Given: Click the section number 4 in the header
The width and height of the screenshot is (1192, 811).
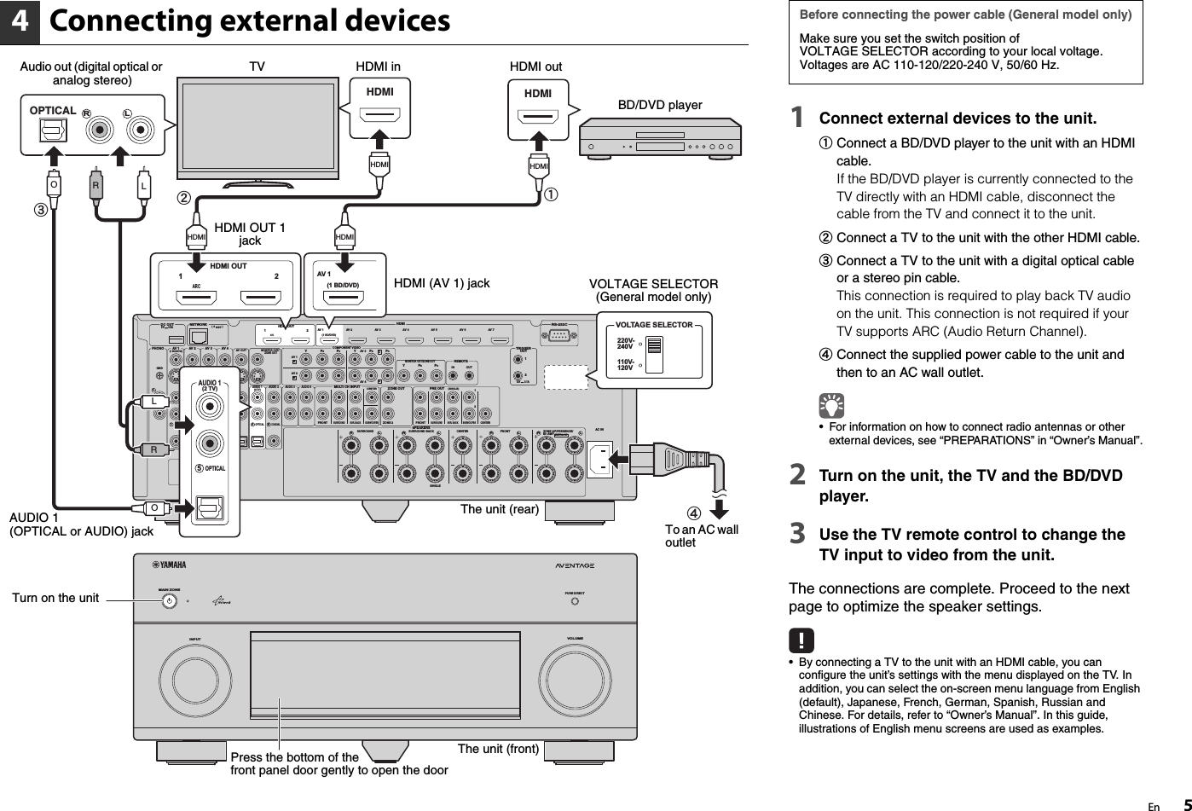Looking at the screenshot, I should [x=20, y=23].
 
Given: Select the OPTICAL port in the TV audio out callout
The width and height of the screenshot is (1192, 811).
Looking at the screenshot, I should [x=53, y=130].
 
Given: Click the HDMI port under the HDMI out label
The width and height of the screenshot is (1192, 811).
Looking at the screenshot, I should [x=538, y=116].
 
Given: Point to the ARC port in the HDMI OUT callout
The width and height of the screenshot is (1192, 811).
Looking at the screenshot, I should [x=196, y=298].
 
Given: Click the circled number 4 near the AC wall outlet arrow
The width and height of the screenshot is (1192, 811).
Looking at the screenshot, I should [x=695, y=513].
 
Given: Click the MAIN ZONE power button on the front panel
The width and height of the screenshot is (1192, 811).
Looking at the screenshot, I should [x=171, y=600].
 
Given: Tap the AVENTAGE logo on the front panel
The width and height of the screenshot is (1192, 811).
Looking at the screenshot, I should [x=574, y=565].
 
